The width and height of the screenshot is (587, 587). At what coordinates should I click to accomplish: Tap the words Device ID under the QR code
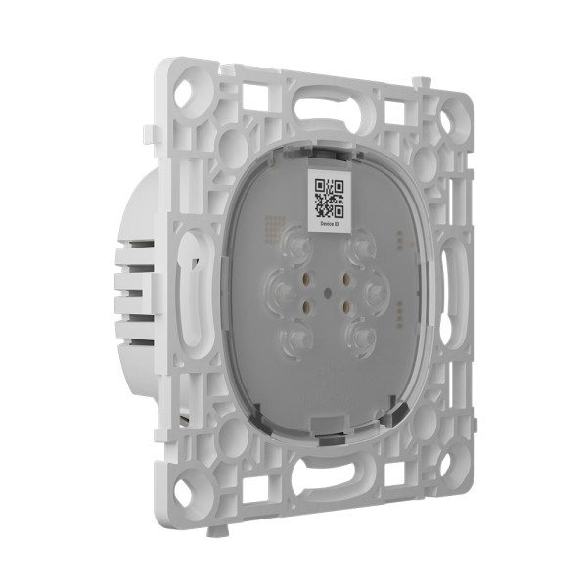pos(328,224)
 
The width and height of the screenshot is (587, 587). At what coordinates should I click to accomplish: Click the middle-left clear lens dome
pos(281,291)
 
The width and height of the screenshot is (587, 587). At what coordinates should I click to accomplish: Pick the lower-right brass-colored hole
pos(346,305)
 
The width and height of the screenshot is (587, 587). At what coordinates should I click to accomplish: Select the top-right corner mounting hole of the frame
pos(448,121)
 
